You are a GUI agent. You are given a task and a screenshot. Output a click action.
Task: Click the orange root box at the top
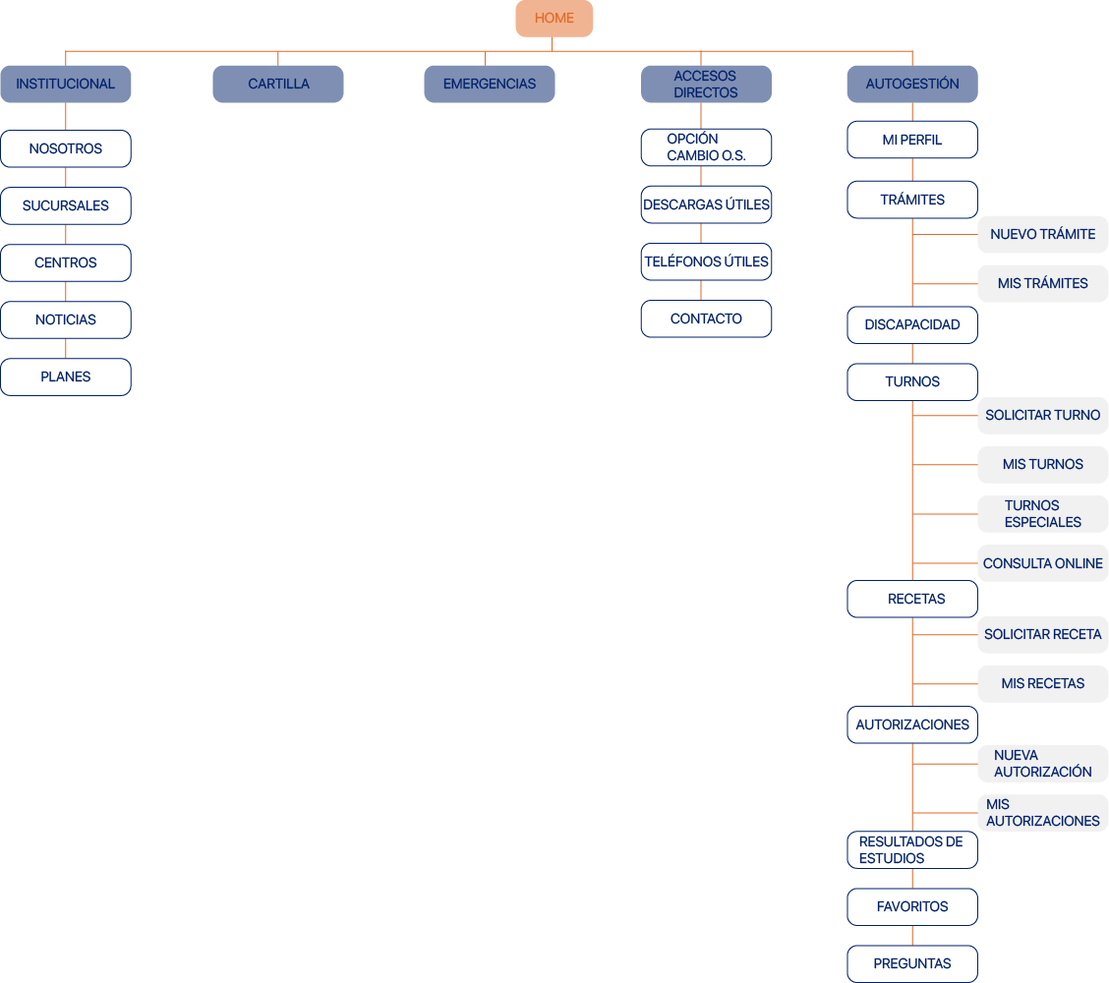(554, 19)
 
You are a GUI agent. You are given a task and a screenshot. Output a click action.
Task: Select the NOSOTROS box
(66, 148)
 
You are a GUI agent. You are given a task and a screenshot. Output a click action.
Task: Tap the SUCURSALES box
(66, 205)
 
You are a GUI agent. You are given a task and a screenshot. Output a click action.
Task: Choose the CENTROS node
(66, 262)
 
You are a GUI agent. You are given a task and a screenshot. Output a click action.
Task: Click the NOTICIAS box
(66, 319)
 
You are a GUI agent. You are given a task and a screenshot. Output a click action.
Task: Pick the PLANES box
(66, 376)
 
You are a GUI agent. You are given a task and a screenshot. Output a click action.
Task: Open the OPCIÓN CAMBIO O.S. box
(706, 147)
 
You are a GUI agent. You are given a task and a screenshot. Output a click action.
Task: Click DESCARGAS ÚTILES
(706, 204)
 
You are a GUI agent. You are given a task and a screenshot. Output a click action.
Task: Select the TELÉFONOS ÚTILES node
(706, 261)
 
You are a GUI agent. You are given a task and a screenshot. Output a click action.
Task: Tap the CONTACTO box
(706, 318)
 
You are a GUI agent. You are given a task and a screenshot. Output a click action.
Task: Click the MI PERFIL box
(912, 140)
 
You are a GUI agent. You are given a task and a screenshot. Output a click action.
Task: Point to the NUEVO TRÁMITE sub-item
(1042, 234)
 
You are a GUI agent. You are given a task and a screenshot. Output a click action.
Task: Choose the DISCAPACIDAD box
(912, 324)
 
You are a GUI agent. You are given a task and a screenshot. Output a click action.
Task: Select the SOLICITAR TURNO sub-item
(1042, 415)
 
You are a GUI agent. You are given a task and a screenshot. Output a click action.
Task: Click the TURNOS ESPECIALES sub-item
(1042, 513)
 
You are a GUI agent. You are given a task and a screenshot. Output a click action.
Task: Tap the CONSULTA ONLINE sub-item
(1042, 563)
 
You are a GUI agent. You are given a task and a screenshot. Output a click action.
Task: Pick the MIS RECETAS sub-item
(1042, 683)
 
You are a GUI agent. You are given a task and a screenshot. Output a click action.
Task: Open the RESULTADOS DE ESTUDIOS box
(912, 849)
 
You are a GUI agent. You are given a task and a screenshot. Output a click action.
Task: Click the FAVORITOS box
(912, 906)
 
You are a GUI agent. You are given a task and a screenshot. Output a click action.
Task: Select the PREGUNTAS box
(912, 963)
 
